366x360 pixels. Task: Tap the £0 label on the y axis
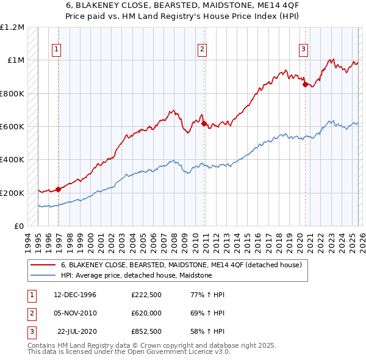point(18,226)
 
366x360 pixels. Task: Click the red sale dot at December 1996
point(59,189)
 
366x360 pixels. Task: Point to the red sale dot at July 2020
point(304,85)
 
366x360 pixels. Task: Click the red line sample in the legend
point(43,265)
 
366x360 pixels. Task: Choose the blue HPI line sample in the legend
point(43,275)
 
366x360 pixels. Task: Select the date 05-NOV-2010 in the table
point(75,312)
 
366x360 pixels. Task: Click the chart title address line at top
point(182,5)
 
